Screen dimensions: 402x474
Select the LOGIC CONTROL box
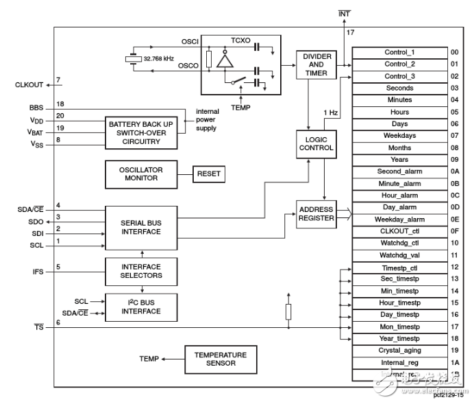point(316,143)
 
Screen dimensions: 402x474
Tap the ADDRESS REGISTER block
point(316,214)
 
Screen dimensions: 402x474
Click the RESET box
point(209,174)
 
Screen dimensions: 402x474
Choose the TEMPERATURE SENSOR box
point(216,359)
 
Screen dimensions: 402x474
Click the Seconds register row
point(399,88)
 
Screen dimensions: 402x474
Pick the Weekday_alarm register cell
point(399,220)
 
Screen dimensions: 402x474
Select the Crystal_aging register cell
point(399,351)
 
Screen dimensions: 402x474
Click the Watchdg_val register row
point(399,255)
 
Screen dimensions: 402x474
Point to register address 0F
point(454,231)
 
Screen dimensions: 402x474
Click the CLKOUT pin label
point(29,85)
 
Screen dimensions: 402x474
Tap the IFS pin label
point(38,272)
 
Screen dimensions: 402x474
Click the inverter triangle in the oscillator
point(223,60)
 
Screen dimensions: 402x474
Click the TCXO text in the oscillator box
point(240,40)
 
